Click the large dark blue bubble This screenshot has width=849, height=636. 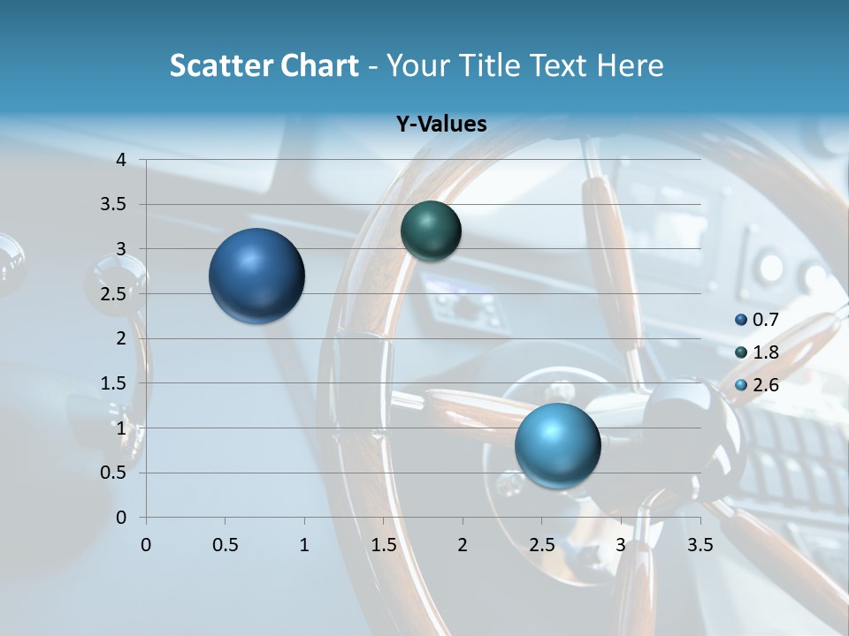pyautogui.click(x=257, y=276)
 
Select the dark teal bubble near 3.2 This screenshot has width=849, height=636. pyautogui.click(x=431, y=231)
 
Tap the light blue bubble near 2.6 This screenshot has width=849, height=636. pyautogui.click(x=557, y=445)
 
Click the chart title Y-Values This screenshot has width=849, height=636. pyautogui.click(x=441, y=125)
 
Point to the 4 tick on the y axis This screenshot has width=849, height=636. pyautogui.click(x=121, y=160)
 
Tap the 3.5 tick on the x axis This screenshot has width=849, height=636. pyautogui.click(x=700, y=545)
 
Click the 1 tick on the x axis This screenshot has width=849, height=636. pyautogui.click(x=304, y=545)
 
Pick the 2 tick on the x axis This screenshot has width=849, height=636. pyautogui.click(x=463, y=545)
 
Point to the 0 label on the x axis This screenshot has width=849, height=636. pyautogui.click(x=146, y=545)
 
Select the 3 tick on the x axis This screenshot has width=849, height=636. pyautogui.click(x=621, y=545)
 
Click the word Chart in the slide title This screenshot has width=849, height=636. pyautogui.click(x=319, y=65)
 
